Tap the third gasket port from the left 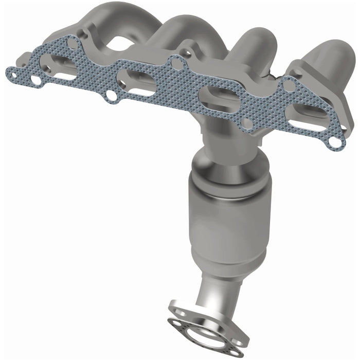coord(216,96)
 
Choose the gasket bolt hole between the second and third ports coord(178,64)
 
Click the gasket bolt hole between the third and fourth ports coord(247,123)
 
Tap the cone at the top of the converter coord(219,165)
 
